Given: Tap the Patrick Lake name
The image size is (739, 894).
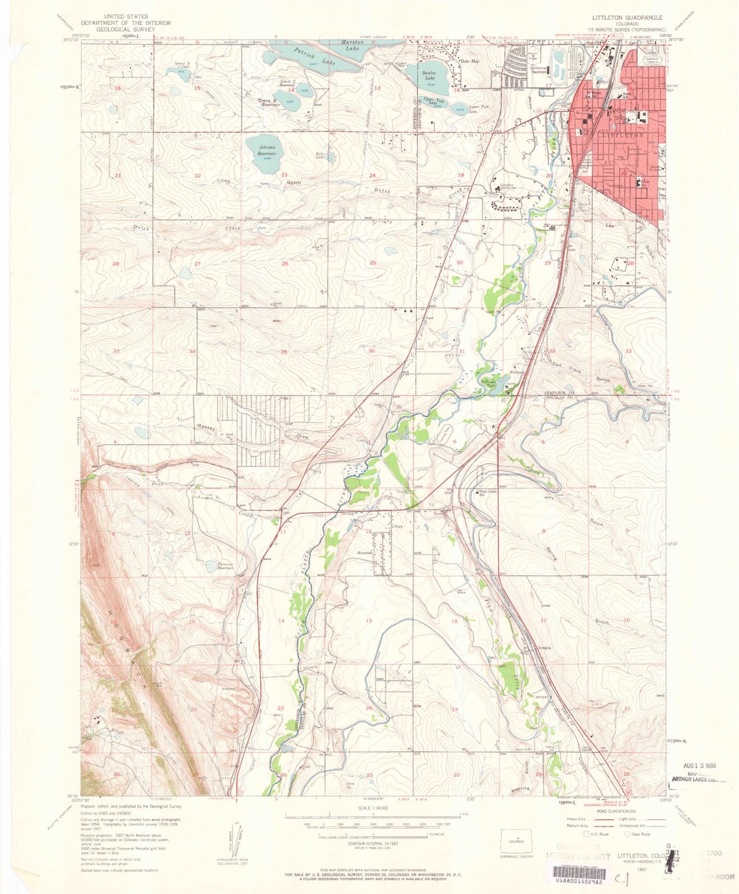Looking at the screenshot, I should click(x=307, y=56).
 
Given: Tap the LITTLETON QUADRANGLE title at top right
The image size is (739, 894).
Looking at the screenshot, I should click(x=627, y=17).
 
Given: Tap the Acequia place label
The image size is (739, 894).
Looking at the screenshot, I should click(x=544, y=648).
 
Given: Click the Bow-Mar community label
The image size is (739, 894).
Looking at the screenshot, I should click(x=469, y=61).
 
